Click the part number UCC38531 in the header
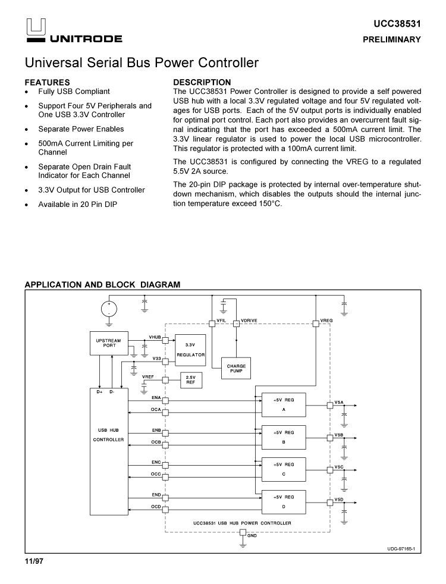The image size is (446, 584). [x=397, y=24]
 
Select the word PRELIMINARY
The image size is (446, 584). [x=392, y=40]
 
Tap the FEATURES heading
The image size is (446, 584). [x=47, y=82]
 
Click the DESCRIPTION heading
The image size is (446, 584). [x=202, y=82]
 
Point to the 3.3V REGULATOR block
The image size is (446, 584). [x=190, y=350]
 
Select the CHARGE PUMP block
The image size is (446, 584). [x=236, y=369]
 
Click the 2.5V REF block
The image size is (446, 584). [x=190, y=379]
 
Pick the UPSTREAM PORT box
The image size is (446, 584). [x=108, y=344]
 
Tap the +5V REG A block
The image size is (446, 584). [x=284, y=405]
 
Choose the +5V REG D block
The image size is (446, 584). [x=284, y=501]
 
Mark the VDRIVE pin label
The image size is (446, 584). [x=249, y=321]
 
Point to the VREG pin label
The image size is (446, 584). [x=326, y=321]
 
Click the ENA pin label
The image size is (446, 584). [x=156, y=397]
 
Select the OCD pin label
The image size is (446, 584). [x=156, y=506]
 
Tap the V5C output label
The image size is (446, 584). [x=339, y=467]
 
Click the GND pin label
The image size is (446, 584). [x=252, y=536]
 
